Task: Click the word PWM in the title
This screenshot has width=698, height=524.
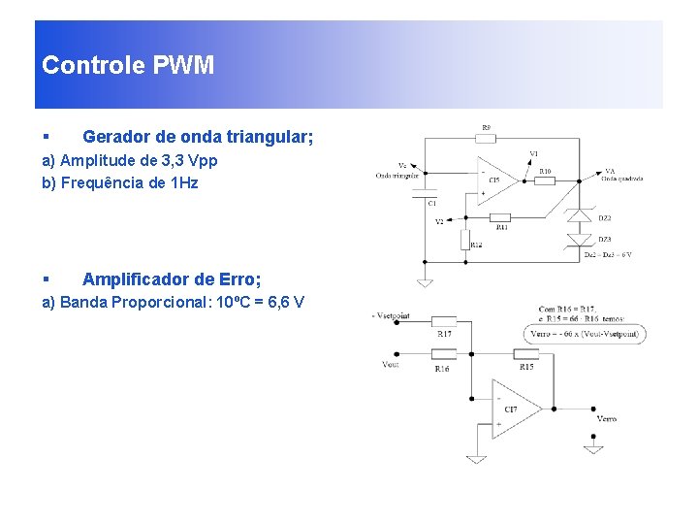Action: [184, 66]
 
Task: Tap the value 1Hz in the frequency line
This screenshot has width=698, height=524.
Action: [183, 182]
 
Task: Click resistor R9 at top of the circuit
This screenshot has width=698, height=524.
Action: [488, 139]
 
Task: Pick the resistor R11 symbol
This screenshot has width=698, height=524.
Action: [501, 216]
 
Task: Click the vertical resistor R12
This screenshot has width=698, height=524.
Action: [467, 240]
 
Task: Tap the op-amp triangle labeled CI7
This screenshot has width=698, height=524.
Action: [513, 409]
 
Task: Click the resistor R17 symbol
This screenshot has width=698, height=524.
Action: [444, 320]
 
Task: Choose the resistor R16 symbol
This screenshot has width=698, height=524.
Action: [443, 354]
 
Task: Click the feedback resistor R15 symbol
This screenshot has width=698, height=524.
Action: [526, 354]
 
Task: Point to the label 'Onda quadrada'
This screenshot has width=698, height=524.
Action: [622, 179]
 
